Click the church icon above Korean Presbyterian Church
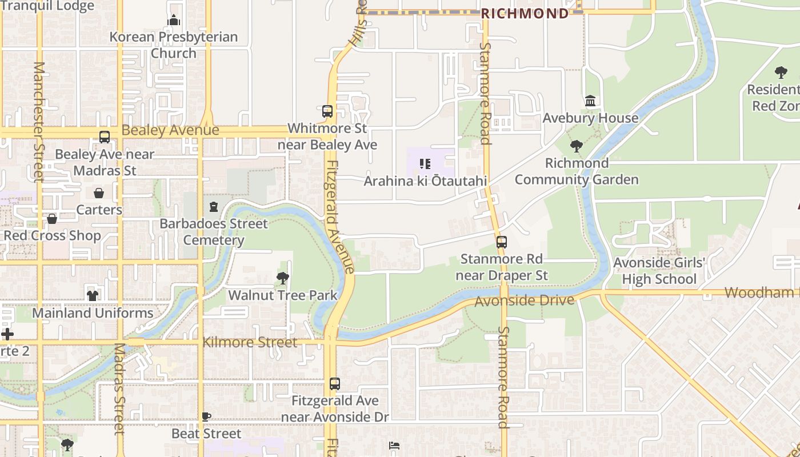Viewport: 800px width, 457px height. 174,21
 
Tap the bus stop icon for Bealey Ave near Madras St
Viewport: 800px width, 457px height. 105,137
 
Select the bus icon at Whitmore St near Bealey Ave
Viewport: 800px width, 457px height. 327,111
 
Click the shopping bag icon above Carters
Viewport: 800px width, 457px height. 99,193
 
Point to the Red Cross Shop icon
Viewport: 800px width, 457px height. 52,219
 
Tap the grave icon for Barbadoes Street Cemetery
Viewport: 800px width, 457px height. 214,207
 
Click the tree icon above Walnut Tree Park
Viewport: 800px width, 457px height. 282,278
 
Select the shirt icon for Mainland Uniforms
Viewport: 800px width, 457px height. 93,295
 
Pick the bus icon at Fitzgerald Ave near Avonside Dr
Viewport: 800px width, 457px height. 335,384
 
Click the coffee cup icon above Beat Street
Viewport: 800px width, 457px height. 206,416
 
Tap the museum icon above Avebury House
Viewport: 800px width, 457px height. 590,101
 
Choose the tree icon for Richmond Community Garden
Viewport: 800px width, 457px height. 577,146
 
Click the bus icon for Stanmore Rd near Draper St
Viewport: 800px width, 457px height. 501,242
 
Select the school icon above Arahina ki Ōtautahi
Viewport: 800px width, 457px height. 425,165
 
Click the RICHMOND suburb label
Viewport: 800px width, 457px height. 525,14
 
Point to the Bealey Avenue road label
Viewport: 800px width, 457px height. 170,130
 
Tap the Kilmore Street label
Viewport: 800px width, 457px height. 250,342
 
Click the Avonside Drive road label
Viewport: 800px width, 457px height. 524,300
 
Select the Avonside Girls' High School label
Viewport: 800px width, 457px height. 659,271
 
